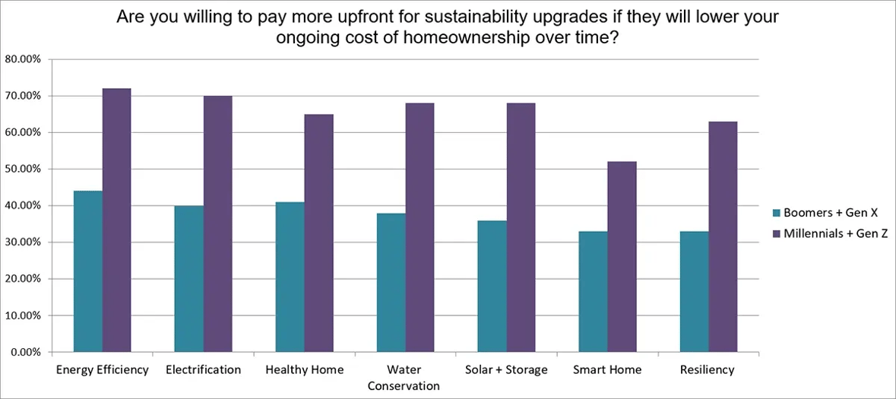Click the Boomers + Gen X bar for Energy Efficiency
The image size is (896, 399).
pos(87,271)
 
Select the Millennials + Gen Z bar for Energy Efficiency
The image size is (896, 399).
pos(116,220)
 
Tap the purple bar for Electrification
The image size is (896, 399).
pos(217,224)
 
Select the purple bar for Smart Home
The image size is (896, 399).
pos(622,257)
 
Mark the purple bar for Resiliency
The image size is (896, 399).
pos(723,236)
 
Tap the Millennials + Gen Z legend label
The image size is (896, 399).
pos(836,235)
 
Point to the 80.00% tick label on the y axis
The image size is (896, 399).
pos(25,59)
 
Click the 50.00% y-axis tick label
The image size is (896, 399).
pos(25,169)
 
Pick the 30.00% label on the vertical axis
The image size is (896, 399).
pos(25,242)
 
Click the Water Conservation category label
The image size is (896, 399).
pos(404,378)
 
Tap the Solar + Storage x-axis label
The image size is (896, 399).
pos(506,370)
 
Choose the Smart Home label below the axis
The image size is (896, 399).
pos(607,370)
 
